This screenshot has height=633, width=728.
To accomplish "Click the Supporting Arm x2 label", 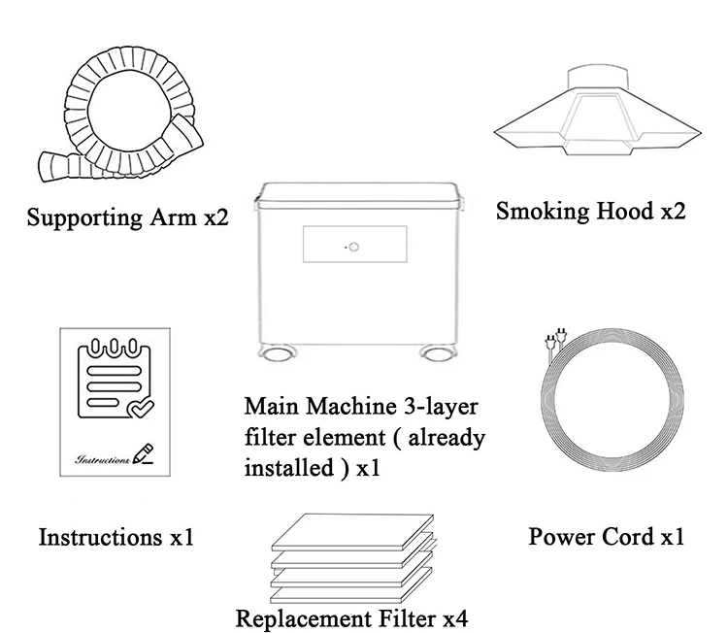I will pos(128,217).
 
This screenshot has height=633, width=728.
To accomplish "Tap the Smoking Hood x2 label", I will pos(590,211).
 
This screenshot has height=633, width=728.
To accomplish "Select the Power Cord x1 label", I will pos(607,536).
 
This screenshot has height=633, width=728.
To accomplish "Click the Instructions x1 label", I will pos(116,536).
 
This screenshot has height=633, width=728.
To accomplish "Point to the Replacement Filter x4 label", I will pos(353,617).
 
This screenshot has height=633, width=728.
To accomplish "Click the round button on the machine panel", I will pos(354,247).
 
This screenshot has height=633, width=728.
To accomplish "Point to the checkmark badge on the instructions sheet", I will pos(139,409).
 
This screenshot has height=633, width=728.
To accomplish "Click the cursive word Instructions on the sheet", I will pos(102,458).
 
